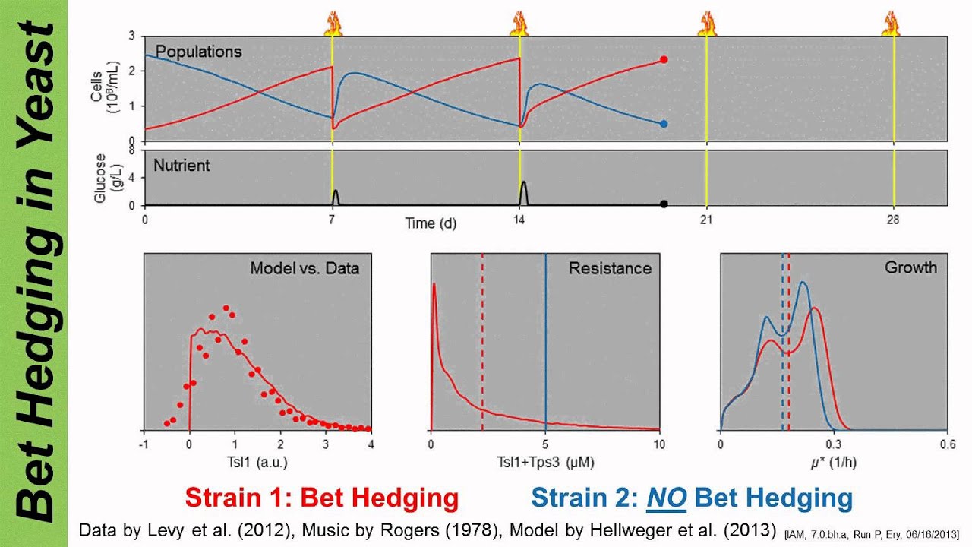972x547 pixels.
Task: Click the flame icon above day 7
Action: coord(333,24)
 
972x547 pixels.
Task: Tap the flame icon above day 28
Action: coord(891,24)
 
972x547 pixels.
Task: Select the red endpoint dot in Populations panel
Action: coord(664,59)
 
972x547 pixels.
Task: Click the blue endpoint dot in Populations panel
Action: coord(664,123)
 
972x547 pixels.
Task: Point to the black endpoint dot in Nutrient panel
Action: coord(664,204)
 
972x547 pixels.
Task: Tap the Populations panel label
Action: coord(198,52)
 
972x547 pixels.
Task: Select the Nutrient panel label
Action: coord(182,164)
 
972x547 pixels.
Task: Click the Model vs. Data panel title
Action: coord(305,268)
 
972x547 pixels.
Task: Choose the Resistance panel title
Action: coord(610,268)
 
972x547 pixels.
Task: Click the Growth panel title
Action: coord(910,267)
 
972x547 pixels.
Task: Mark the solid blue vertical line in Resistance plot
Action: coord(545,342)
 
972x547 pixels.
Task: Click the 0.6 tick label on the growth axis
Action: coord(946,445)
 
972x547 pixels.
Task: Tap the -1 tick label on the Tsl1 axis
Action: coord(144,445)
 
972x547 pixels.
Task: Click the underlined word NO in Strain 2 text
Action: coord(667,498)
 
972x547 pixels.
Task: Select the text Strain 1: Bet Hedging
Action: coord(322,498)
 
